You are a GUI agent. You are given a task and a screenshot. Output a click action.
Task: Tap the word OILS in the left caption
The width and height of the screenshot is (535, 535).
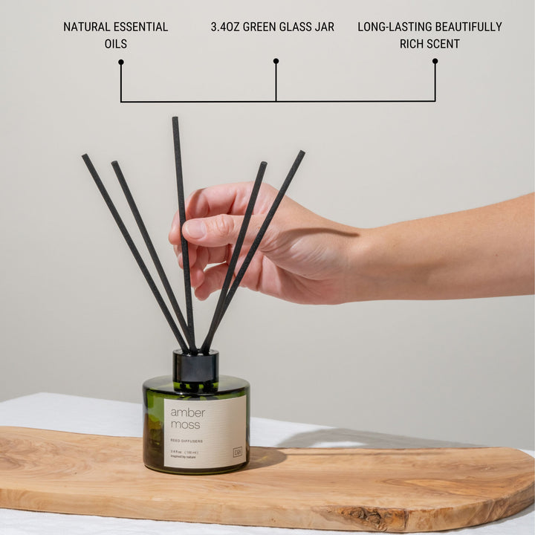click(115, 44)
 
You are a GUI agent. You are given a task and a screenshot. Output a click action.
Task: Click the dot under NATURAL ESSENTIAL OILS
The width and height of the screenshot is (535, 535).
click(120, 62)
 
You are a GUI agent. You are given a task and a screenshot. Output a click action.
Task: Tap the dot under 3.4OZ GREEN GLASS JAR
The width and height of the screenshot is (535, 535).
click(276, 61)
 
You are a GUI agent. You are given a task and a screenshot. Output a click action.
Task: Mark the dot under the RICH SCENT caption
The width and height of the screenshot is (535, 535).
click(435, 61)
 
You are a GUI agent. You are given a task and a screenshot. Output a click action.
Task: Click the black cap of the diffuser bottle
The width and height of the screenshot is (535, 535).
click(195, 366)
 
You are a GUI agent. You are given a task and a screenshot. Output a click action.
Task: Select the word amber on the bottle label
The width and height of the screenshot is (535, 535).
click(187, 412)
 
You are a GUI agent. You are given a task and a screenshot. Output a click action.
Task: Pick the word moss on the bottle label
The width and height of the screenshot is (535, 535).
click(184, 424)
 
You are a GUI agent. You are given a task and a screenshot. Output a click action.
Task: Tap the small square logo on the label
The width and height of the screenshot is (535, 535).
click(237, 451)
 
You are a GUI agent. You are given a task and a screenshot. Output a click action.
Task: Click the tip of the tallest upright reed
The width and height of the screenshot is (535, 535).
click(175, 120)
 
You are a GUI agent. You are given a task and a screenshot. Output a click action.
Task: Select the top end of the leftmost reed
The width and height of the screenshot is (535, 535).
click(85, 157)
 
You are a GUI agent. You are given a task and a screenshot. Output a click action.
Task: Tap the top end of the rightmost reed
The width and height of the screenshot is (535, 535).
click(302, 153)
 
